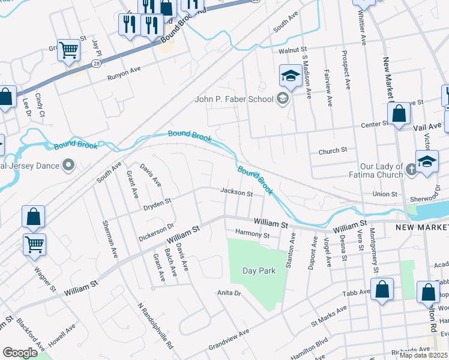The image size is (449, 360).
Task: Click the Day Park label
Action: click(259, 271)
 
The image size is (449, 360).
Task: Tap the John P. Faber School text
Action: click(234, 100)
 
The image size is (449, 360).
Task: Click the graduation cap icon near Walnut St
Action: click(290, 76)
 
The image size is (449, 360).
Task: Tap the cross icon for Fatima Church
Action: click(411, 170)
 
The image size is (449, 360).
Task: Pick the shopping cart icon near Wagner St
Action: click(35, 244)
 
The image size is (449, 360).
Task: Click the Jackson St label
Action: click(236, 193)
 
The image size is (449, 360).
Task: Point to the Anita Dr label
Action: click(229, 293)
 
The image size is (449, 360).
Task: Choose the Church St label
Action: click(333, 150)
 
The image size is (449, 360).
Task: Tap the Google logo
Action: click(20, 353)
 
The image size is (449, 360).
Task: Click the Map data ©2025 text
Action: click(424, 355)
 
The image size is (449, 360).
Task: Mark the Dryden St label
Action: click(157, 204)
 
